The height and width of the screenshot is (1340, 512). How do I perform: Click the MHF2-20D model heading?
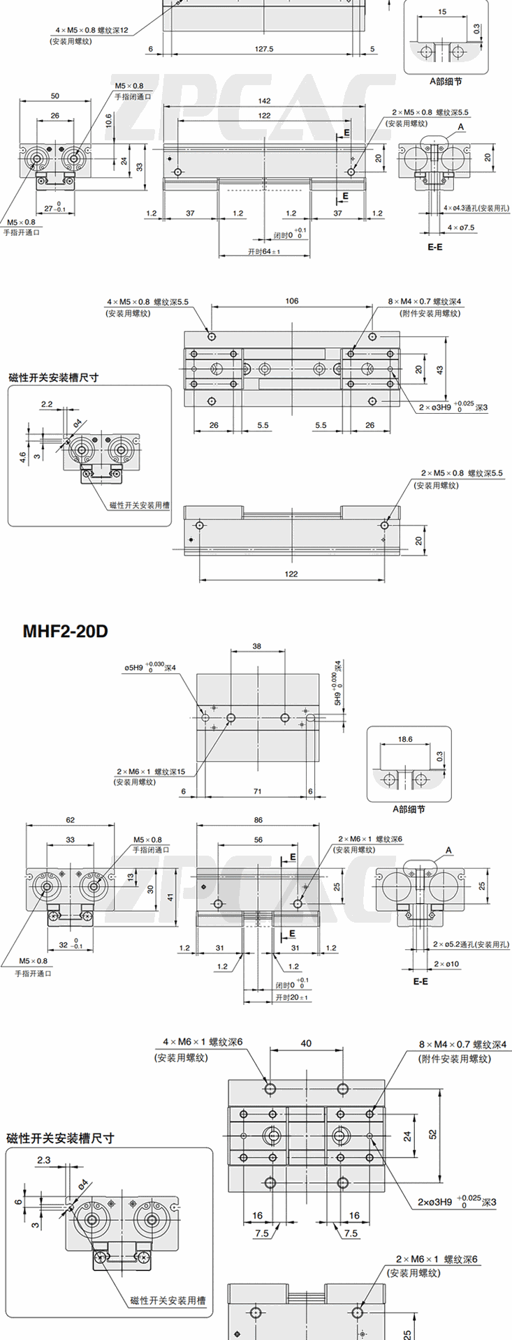(x=66, y=632)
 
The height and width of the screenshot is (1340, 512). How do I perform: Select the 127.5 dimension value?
(x=264, y=49)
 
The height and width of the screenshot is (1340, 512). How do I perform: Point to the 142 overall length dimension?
(x=264, y=101)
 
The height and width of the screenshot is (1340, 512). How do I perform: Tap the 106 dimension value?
(x=292, y=301)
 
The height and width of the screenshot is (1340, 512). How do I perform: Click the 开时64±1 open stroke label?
(x=264, y=251)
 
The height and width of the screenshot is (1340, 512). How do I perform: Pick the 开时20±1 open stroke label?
(x=292, y=997)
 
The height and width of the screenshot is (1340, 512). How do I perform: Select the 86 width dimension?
(x=258, y=820)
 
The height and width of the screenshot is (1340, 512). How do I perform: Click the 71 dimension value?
(x=258, y=791)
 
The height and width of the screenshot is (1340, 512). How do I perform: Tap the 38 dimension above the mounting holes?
(x=257, y=646)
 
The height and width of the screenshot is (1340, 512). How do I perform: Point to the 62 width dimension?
(x=70, y=820)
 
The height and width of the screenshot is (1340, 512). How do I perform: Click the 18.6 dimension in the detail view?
(x=404, y=739)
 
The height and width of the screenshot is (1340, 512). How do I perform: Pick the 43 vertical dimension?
(x=439, y=370)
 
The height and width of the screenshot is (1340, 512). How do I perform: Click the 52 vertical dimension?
(x=432, y=1135)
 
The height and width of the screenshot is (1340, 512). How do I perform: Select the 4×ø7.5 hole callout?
(x=461, y=228)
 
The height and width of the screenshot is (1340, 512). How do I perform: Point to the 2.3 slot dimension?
(x=43, y=1160)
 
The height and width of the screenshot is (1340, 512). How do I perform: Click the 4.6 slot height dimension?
(x=22, y=457)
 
